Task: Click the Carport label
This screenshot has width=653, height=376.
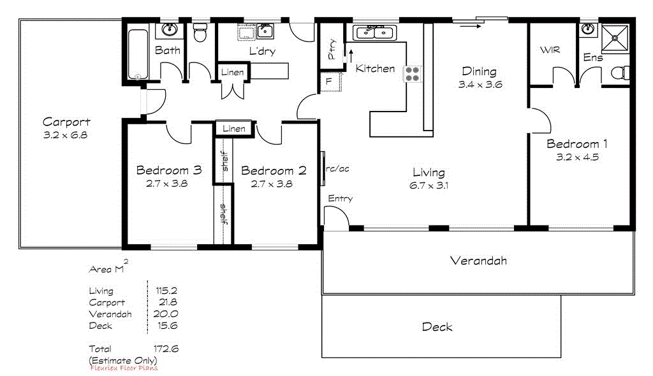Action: [66, 122]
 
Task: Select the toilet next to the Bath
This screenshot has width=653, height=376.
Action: [200, 33]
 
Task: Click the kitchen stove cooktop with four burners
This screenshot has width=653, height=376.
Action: [413, 74]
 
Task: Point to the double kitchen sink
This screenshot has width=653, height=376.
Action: [375, 32]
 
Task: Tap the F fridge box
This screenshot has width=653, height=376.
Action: [330, 82]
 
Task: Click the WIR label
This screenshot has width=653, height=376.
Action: [550, 50]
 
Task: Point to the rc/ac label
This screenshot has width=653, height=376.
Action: [338, 170]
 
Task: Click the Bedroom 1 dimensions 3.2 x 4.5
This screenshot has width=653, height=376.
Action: [573, 157]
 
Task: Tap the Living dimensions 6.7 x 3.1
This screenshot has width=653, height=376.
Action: [429, 185]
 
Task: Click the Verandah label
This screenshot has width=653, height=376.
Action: [478, 261]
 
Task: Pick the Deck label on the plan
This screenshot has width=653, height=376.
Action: [437, 327]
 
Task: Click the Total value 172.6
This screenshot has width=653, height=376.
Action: [166, 349]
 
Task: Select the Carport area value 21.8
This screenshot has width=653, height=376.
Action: [167, 303]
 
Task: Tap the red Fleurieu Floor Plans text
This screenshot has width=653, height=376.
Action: [123, 368]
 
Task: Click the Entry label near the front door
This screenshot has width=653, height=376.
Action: [340, 199]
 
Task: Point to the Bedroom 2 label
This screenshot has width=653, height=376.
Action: [274, 171]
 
